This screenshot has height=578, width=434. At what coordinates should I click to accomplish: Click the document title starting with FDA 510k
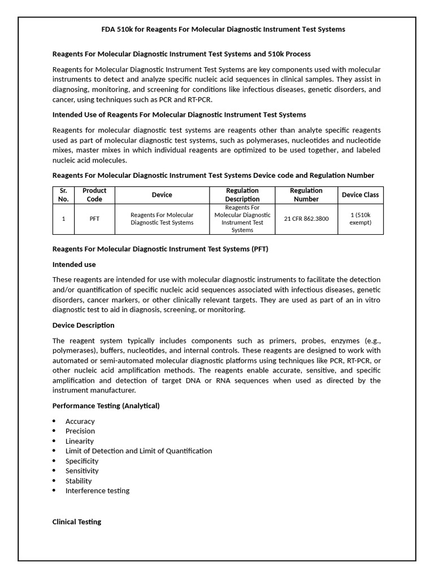(x=216, y=29)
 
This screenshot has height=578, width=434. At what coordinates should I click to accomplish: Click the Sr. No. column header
(x=63, y=195)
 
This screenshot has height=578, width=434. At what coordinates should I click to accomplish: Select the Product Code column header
(x=94, y=195)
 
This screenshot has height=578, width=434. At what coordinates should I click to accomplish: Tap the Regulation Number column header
(x=306, y=195)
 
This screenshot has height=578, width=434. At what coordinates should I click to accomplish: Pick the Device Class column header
(x=360, y=195)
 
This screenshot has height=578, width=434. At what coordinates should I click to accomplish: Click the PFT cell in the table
(x=94, y=218)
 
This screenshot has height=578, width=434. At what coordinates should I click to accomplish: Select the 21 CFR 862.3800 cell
(x=306, y=218)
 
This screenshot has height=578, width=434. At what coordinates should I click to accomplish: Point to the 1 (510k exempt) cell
(x=360, y=218)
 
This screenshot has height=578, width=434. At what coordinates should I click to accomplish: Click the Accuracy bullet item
(x=80, y=421)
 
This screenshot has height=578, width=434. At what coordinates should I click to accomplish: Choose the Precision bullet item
(x=80, y=431)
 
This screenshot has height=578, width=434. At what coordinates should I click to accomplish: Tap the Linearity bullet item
(x=80, y=441)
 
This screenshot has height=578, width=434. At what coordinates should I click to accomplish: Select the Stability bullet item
(x=79, y=481)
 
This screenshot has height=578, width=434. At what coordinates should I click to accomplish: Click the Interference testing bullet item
(x=97, y=491)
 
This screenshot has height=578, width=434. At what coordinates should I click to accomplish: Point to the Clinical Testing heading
(x=77, y=522)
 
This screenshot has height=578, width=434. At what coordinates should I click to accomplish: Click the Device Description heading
(x=83, y=325)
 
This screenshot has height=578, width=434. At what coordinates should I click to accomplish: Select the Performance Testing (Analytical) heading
(x=106, y=406)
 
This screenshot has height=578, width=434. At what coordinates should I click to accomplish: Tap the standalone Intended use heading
(x=74, y=264)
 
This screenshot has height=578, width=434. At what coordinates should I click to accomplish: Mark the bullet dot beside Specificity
(x=54, y=461)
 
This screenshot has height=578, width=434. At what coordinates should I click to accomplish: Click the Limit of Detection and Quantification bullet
(x=138, y=451)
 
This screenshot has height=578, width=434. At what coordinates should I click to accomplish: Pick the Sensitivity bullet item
(x=82, y=471)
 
